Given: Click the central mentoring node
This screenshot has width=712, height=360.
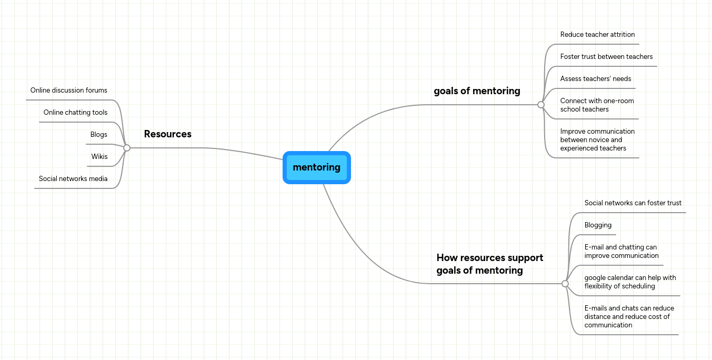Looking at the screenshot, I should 317,167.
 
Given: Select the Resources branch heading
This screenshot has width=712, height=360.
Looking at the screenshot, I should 167,134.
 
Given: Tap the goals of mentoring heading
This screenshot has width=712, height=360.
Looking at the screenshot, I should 477,91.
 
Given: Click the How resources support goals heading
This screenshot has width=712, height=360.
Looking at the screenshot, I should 489,264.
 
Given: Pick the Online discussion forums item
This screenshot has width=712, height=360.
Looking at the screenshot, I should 68,91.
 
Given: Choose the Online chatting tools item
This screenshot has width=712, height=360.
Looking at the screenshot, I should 75,113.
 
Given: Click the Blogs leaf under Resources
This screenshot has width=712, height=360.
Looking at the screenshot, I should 98,135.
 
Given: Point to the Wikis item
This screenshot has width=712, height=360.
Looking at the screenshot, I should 99,157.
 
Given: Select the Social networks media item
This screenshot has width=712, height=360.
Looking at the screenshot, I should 73,179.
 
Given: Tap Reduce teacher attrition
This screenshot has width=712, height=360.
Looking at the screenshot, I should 597,35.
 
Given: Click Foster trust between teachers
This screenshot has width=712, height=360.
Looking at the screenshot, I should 606,57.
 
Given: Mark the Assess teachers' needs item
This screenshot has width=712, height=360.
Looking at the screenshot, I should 595,79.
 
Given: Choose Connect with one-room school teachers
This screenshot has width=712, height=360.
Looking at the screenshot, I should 597,105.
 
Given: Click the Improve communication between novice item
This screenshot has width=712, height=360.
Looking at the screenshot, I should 597,140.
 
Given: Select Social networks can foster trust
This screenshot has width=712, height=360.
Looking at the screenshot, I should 633,203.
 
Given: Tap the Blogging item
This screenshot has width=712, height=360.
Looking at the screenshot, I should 598,225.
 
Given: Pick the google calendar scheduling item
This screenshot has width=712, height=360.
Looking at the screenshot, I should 630,282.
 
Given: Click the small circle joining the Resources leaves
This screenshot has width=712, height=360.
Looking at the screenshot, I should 127,148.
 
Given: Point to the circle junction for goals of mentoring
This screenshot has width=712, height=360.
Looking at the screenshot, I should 541,105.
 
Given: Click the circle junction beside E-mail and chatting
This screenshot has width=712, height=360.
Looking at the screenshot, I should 565,284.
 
